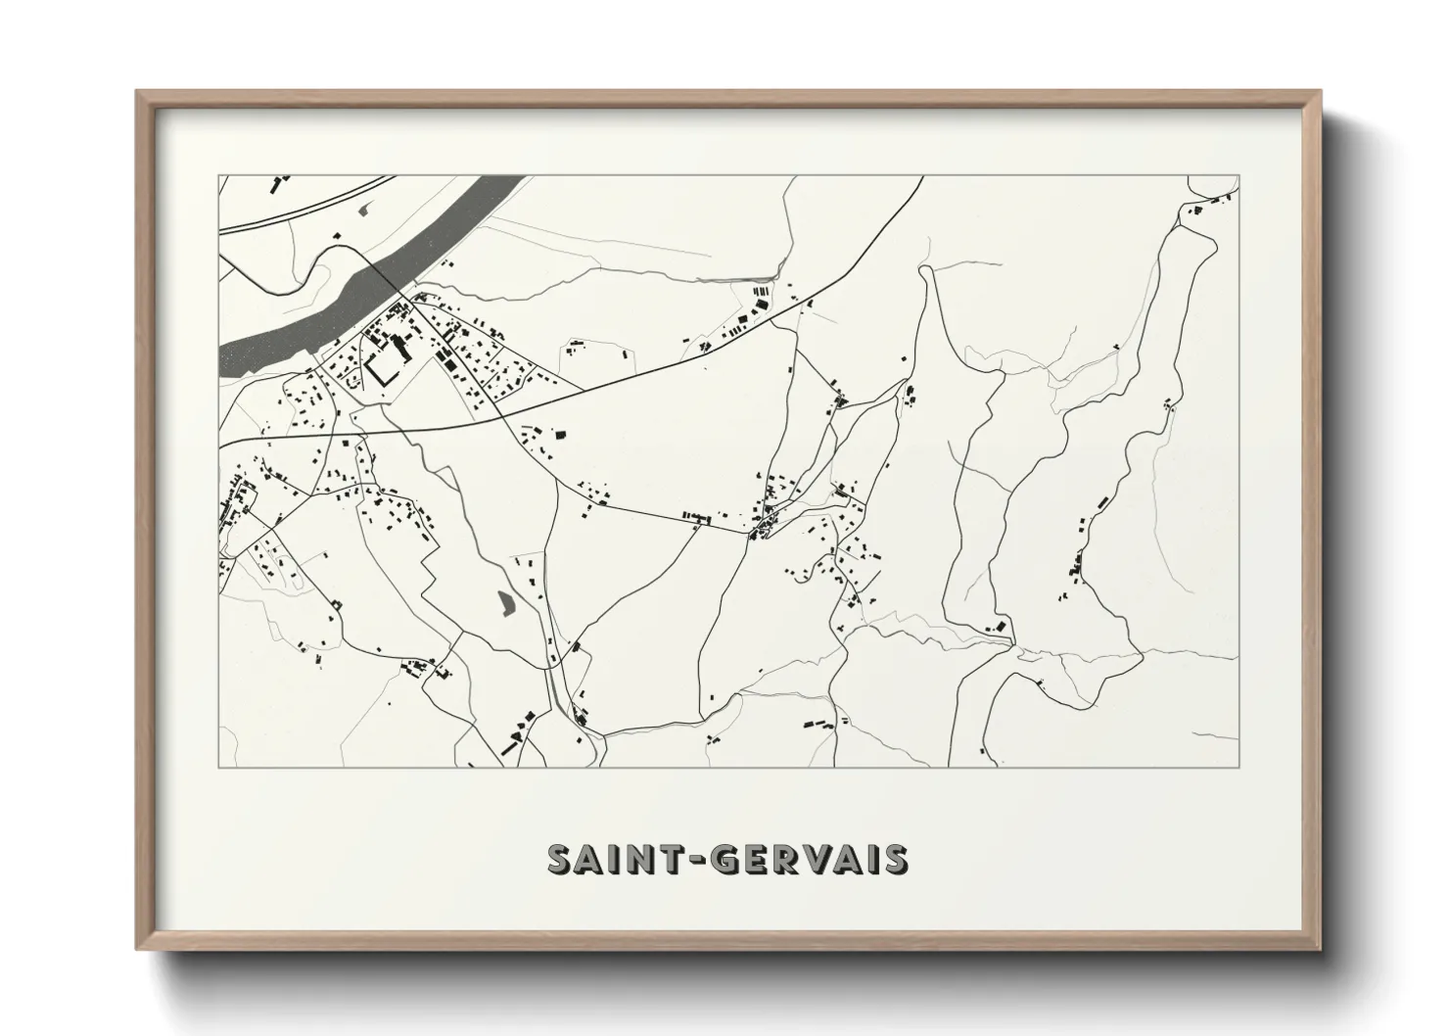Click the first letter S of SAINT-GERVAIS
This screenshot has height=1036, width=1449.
[561, 859]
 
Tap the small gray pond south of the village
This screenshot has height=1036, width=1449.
[505, 602]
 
